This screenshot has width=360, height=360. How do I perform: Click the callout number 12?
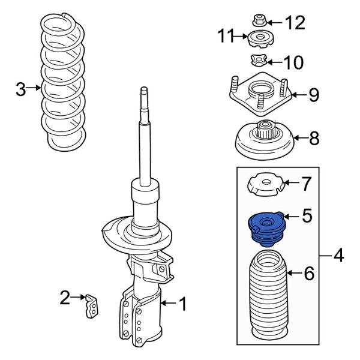click(x=295, y=23)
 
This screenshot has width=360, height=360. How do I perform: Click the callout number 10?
click(x=294, y=62)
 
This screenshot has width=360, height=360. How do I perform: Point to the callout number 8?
click(x=314, y=139)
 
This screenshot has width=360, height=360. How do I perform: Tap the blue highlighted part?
click(x=264, y=230)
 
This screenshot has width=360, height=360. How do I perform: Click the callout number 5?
click(x=307, y=214)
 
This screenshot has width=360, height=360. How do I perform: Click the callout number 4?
click(x=339, y=257)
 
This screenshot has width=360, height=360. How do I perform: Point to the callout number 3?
click(x=20, y=90)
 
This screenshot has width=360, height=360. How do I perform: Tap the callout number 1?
click(x=184, y=305)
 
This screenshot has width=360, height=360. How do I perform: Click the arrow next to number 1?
click(x=169, y=305)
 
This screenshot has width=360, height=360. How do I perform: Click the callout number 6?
click(x=309, y=274)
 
